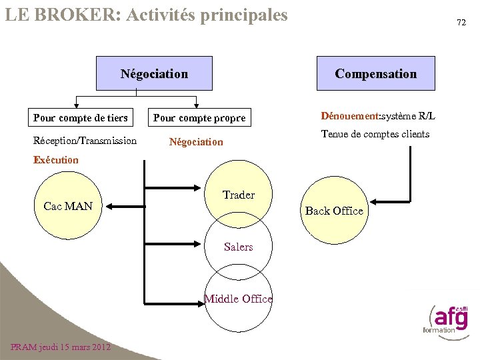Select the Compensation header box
click(375, 73)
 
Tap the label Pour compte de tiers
click(80, 118)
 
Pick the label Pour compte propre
click(199, 119)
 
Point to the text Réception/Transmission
click(85, 141)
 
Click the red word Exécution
click(56, 161)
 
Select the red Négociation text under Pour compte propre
click(196, 142)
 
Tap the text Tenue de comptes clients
click(375, 134)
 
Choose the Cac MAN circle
click(67, 206)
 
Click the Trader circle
click(239, 195)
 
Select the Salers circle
click(239, 247)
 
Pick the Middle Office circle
click(238, 299)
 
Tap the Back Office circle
click(334, 211)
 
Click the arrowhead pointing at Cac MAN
click(110, 207)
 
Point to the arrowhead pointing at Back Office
click(375, 201)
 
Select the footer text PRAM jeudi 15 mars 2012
click(61, 347)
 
